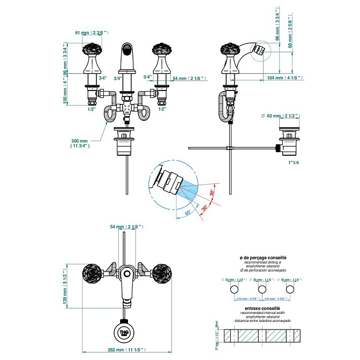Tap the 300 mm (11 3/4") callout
click(x=80, y=142)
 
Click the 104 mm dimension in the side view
click(x=285, y=78)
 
